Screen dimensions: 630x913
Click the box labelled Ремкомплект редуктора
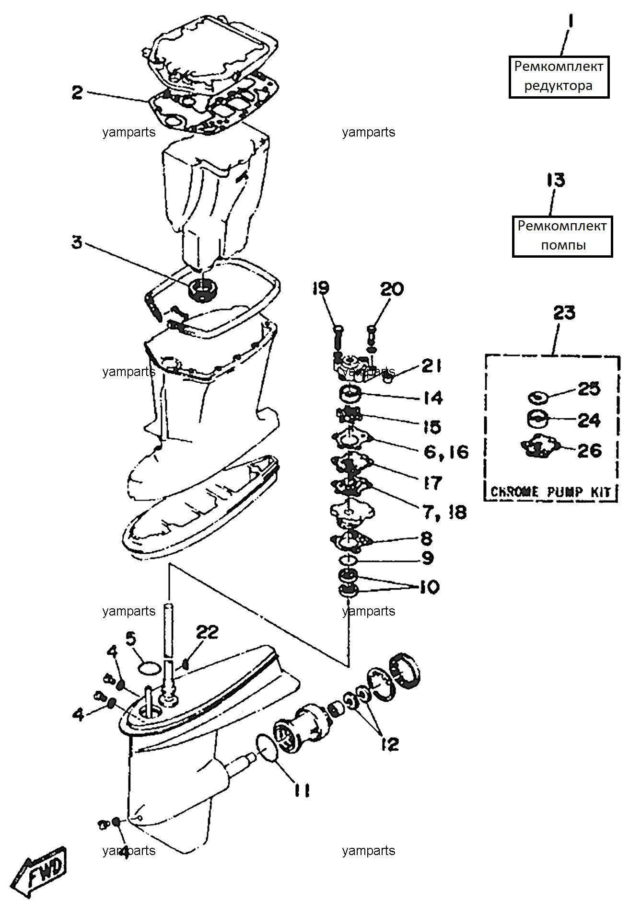559,77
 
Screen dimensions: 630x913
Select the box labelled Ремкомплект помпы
562,237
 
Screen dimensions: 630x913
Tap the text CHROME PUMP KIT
550,491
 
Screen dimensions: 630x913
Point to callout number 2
77,92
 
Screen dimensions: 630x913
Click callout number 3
77,242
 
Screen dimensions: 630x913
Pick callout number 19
321,288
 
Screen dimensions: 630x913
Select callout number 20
392,289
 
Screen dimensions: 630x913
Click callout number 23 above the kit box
564,313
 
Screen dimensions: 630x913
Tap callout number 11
302,790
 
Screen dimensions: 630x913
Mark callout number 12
390,744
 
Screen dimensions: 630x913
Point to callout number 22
207,632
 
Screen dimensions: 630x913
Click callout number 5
130,639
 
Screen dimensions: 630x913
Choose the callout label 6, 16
446,452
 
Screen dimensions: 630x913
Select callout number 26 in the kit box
589,450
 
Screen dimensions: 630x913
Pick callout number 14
433,398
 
